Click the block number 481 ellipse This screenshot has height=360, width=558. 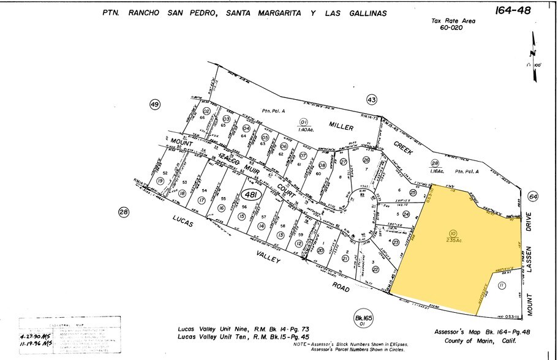(x=249, y=195)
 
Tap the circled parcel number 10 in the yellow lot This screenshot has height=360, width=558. (x=453, y=233)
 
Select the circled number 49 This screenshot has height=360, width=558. (x=154, y=105)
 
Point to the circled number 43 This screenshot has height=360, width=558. (x=371, y=99)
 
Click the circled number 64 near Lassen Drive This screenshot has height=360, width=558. (x=533, y=197)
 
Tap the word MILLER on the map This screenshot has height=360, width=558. (x=341, y=126)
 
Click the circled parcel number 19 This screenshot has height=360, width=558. (x=160, y=181)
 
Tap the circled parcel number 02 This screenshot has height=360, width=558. (x=207, y=111)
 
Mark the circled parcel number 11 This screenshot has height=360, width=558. (x=502, y=286)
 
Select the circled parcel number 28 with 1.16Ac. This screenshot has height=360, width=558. (x=435, y=163)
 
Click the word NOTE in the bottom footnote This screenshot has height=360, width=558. (x=302, y=345)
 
